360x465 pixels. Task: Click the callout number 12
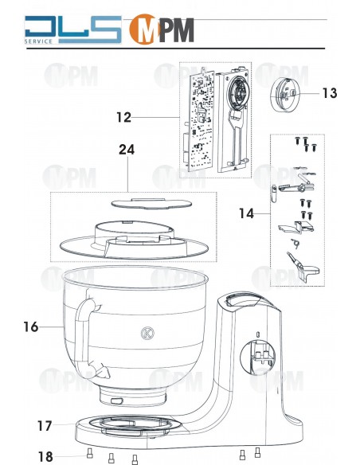point(123,117)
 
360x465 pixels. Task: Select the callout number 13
point(330,93)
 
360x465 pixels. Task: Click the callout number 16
point(31,326)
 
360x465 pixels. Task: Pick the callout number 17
point(44,426)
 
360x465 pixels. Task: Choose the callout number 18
point(44,456)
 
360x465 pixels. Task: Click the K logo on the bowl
point(147,334)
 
